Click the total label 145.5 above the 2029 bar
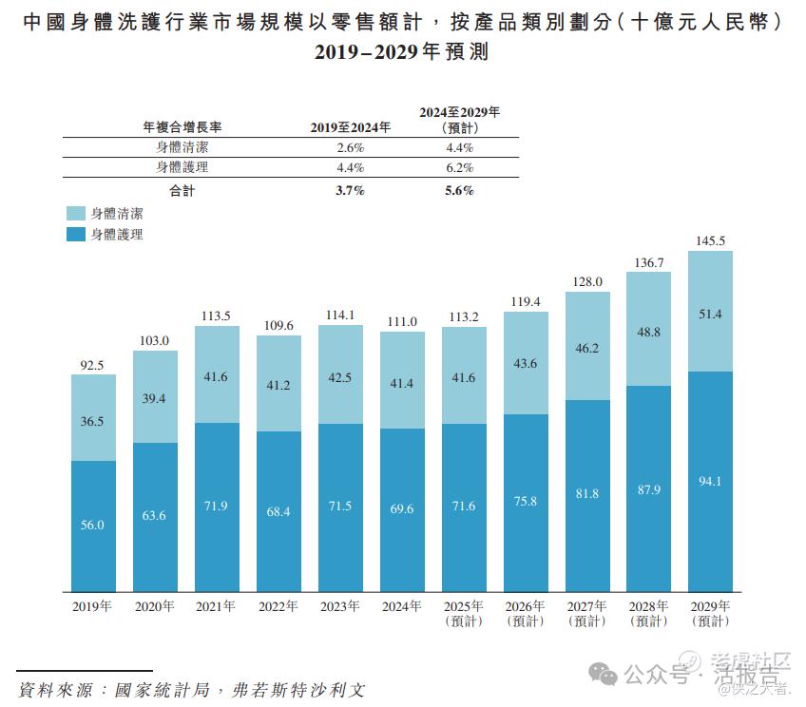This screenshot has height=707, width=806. [x=710, y=241]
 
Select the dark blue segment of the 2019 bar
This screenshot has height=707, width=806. [x=93, y=525]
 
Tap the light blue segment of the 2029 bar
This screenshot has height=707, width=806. [x=710, y=311]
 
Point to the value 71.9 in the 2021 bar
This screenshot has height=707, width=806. [x=217, y=506]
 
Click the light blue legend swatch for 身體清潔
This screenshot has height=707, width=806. [x=76, y=214]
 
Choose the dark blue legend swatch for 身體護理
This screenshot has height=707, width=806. [x=76, y=234]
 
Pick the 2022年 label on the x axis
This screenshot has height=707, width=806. [x=278, y=606]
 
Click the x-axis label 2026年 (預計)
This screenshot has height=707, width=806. [x=526, y=613]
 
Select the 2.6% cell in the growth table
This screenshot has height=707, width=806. [x=351, y=147]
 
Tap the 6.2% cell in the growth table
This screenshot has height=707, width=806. [x=459, y=167]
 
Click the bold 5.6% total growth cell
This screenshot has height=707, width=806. [x=459, y=190]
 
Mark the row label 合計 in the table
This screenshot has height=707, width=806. [x=182, y=190]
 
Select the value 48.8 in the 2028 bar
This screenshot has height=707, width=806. [x=648, y=332]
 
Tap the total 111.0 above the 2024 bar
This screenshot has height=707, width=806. [x=402, y=323]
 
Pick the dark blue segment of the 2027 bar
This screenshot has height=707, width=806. [x=587, y=494]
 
